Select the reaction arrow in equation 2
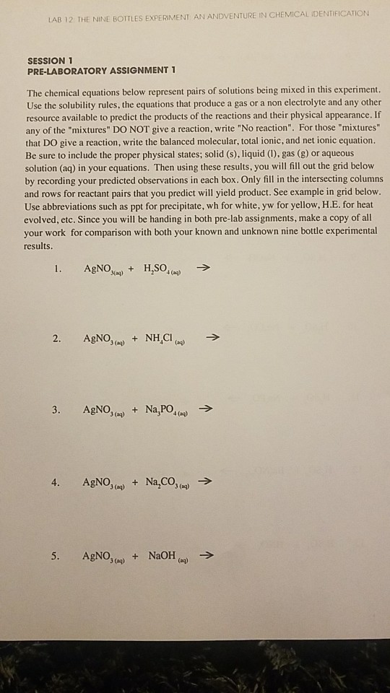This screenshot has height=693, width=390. pyautogui.click(x=210, y=337)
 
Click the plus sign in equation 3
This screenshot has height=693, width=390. pyautogui.click(x=136, y=410)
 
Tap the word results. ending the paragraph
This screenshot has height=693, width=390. pyautogui.click(x=43, y=245)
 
